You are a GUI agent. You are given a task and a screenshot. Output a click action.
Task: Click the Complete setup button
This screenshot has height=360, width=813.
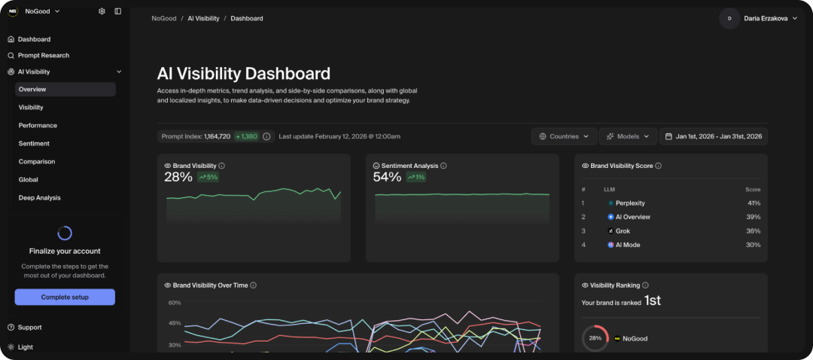(65, 297)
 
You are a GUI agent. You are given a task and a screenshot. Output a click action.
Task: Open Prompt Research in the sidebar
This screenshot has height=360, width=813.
(43, 56)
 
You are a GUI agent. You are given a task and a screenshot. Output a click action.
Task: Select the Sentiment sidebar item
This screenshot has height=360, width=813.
(34, 143)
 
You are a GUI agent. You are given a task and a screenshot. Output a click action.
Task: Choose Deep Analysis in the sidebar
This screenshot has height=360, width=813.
(39, 197)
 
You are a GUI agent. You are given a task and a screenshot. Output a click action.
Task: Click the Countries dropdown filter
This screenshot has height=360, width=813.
(564, 136)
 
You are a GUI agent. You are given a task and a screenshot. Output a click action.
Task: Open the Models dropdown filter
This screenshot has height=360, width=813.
(627, 136)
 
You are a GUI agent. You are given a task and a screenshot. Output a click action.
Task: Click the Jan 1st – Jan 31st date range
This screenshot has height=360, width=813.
(713, 136)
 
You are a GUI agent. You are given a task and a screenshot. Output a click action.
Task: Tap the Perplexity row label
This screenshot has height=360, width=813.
(629, 203)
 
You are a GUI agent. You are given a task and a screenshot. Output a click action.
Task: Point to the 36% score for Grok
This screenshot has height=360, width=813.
(753, 231)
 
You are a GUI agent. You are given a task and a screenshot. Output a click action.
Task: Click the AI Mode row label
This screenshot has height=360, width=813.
(627, 245)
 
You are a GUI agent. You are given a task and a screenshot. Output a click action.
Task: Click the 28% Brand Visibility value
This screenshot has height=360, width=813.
(178, 177)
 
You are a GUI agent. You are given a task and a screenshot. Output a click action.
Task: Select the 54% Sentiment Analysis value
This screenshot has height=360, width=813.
(388, 177)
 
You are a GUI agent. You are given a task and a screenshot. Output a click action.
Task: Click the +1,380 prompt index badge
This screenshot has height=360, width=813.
(246, 136)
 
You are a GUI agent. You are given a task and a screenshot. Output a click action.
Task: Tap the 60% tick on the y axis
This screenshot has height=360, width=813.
(175, 303)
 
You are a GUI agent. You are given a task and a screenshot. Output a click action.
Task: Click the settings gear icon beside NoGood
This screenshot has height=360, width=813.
(102, 11)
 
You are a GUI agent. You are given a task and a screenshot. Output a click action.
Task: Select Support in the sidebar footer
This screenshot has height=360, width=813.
(29, 328)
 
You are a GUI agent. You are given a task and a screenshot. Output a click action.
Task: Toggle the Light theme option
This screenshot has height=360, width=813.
(25, 347)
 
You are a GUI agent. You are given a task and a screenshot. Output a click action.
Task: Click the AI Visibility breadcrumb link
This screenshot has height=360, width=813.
(203, 18)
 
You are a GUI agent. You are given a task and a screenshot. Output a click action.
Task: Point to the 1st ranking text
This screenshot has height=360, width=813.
(652, 301)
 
